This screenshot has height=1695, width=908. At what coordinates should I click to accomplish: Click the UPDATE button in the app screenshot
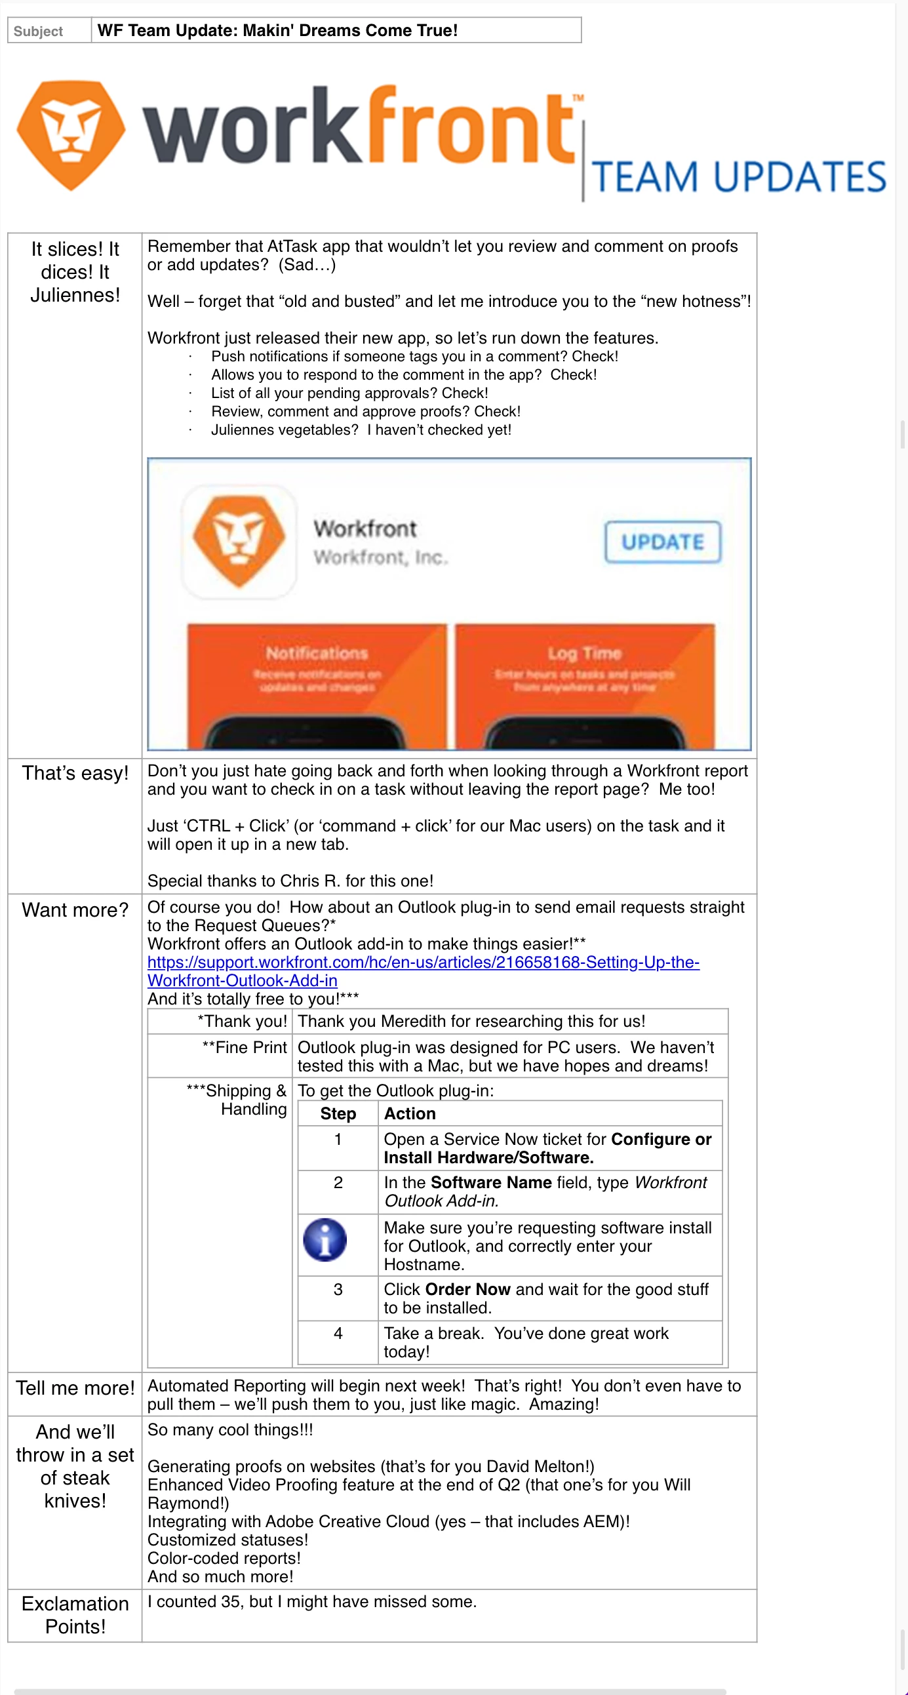pyautogui.click(x=663, y=542)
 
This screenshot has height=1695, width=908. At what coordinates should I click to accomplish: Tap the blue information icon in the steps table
pyautogui.click(x=325, y=1240)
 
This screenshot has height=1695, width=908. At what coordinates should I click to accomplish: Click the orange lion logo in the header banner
pyautogui.click(x=70, y=135)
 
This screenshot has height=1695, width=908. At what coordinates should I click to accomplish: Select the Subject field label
pyautogui.click(x=38, y=31)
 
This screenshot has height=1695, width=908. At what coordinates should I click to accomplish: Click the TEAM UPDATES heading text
pyautogui.click(x=738, y=177)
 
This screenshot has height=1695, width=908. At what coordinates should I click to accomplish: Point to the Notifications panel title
pyautogui.click(x=317, y=652)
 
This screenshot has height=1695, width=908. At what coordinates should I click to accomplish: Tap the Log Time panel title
pyautogui.click(x=584, y=652)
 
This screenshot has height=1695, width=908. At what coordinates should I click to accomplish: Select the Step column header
pyautogui.click(x=338, y=1113)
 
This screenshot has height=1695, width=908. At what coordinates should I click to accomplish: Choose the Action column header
pyautogui.click(x=409, y=1113)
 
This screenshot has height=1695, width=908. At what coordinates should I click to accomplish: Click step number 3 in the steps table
pyautogui.click(x=338, y=1289)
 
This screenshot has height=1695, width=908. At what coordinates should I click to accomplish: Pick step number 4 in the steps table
pyautogui.click(x=338, y=1333)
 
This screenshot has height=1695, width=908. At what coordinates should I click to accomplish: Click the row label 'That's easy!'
pyautogui.click(x=75, y=773)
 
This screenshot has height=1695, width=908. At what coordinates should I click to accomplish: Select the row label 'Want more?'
pyautogui.click(x=75, y=910)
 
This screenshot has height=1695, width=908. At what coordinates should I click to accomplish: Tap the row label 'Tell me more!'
pyautogui.click(x=75, y=1388)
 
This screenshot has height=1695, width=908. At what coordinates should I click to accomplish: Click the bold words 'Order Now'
pyautogui.click(x=467, y=1289)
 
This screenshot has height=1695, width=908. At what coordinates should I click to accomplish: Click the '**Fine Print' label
pyautogui.click(x=245, y=1048)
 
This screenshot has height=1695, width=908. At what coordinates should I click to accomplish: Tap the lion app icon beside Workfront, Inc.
pyautogui.click(x=239, y=542)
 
